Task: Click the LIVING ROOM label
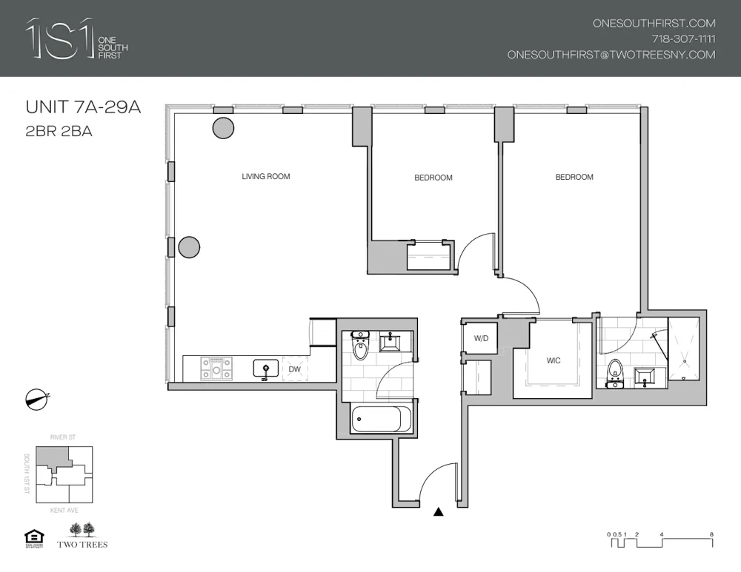(265, 177)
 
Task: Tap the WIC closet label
(553, 361)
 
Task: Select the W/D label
(481, 339)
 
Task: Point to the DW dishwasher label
(294, 369)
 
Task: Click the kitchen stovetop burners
(216, 368)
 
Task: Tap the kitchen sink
(265, 368)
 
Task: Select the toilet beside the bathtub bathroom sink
(361, 346)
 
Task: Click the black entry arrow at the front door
(439, 511)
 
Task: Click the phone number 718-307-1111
(683, 39)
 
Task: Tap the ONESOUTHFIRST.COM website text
(654, 24)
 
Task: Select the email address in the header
(611, 55)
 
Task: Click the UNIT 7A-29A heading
(83, 108)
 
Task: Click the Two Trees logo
(82, 536)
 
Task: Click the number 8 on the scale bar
(711, 534)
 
